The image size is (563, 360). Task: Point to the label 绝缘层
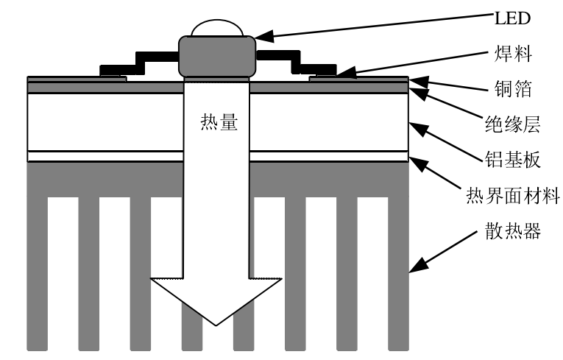click(x=513, y=124)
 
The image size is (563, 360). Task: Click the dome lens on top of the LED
click(x=216, y=28)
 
